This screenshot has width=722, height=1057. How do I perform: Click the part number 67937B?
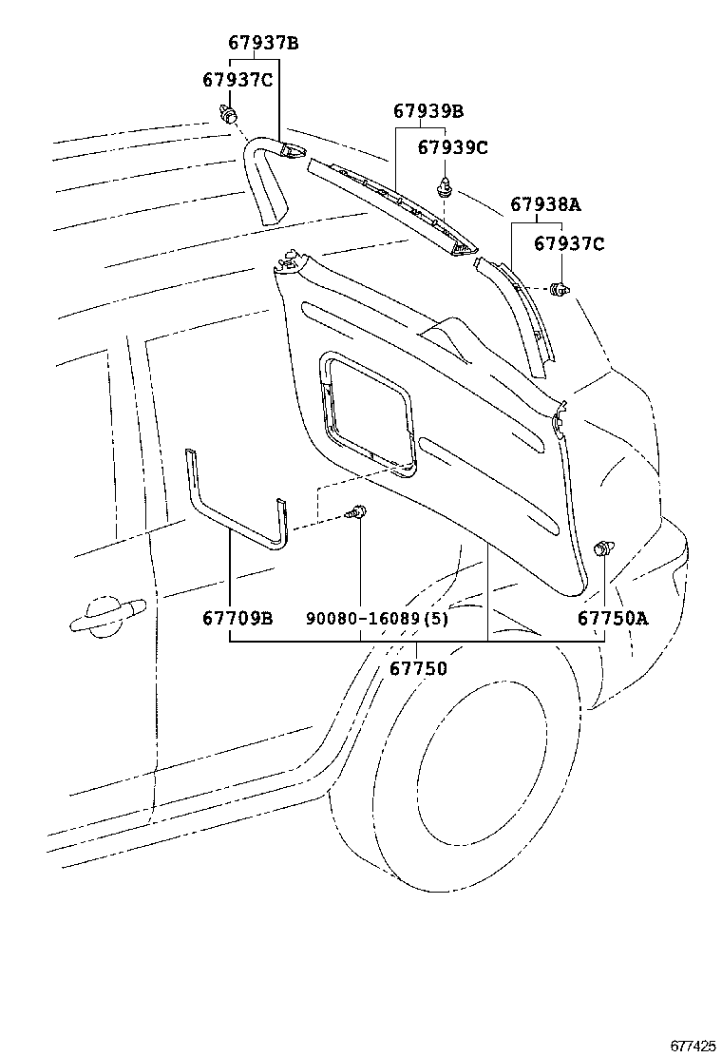(x=263, y=43)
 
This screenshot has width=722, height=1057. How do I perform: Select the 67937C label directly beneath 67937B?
(x=237, y=80)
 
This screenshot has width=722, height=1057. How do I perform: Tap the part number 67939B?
(x=428, y=111)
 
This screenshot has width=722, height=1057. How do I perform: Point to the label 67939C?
(x=453, y=147)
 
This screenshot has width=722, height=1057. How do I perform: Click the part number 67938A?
(x=545, y=204)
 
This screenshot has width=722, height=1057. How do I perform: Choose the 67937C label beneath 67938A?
(x=568, y=243)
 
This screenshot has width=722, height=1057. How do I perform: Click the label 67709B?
(x=237, y=619)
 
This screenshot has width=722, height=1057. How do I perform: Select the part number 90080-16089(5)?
(x=377, y=619)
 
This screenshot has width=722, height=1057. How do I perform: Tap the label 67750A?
(x=613, y=619)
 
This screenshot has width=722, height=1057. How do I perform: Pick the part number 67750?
(x=417, y=668)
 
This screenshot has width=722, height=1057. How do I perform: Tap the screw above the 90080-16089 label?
(x=358, y=513)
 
